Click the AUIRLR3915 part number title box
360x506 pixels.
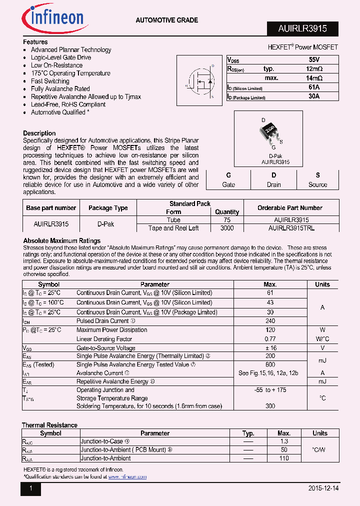[302, 29]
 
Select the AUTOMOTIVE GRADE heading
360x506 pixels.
[167, 20]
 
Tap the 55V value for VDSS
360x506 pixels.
[314, 59]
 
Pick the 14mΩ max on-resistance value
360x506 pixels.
[314, 78]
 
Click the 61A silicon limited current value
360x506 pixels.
[314, 87]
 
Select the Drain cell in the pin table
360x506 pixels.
[273, 184]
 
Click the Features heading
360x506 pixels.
[35, 42]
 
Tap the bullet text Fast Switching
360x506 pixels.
[50, 81]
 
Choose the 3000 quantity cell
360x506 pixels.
[227, 228]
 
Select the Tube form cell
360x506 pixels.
[173, 219]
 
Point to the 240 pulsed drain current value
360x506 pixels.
[270, 321]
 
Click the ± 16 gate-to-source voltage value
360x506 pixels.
[270, 348]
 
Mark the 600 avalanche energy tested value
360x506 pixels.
[270, 364]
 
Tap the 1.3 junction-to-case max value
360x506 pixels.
[284, 441]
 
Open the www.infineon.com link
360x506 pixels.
[127, 477]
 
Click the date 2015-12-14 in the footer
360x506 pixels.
[320, 488]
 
